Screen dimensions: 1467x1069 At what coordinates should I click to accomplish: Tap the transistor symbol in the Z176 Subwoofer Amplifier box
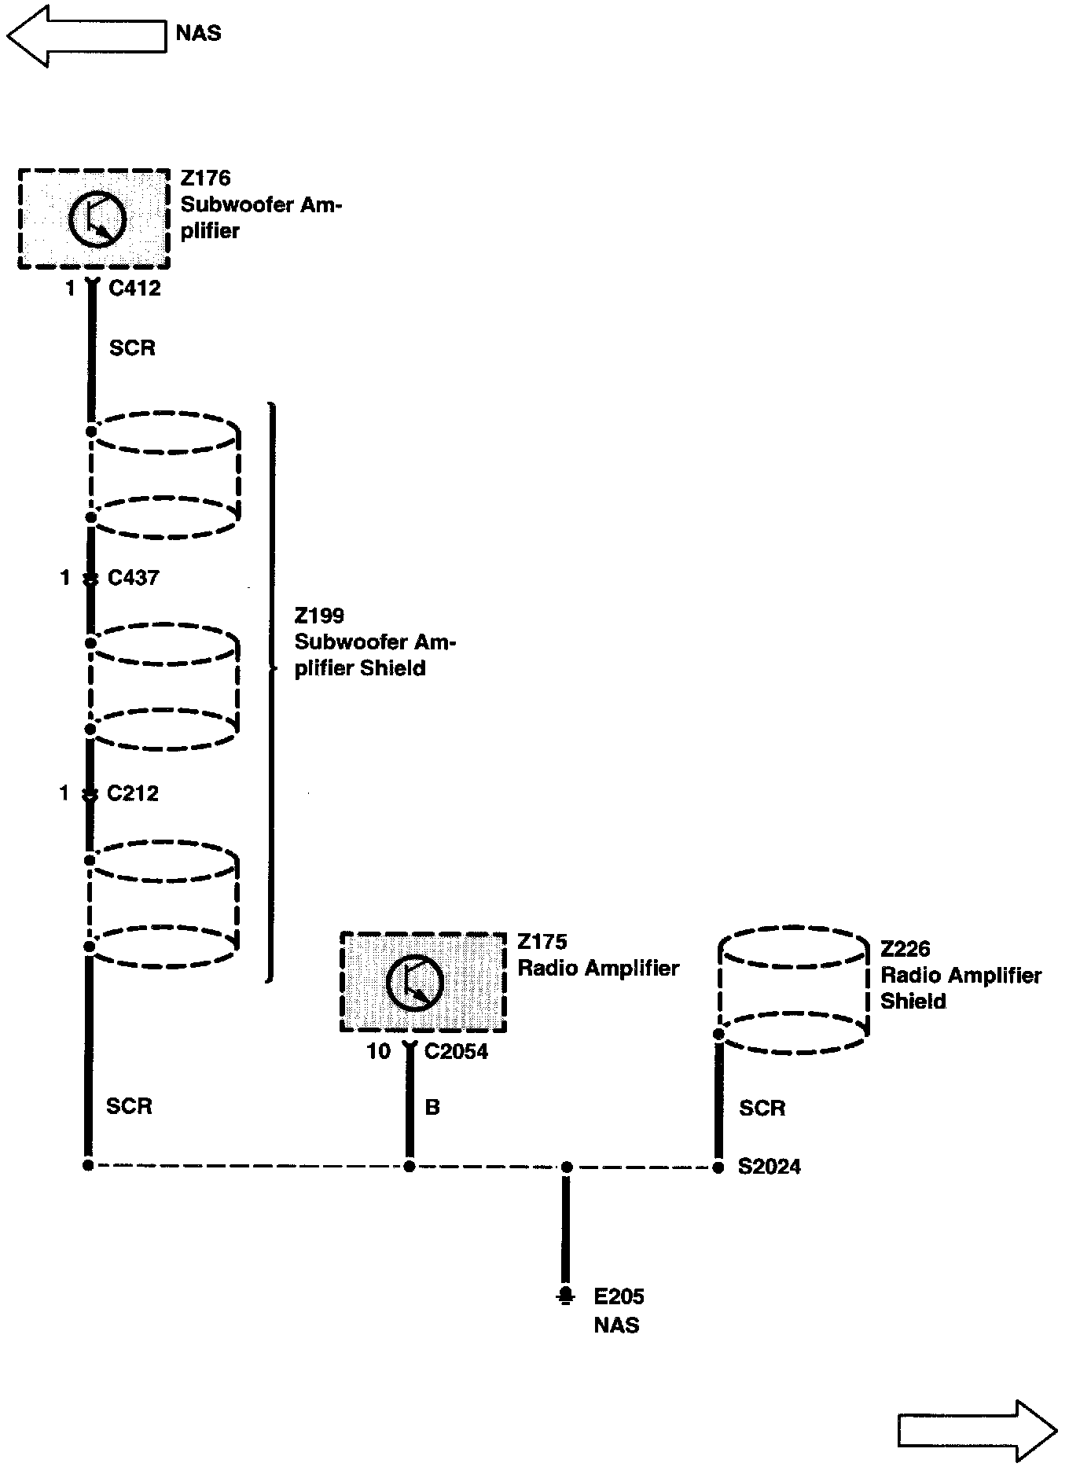(x=97, y=219)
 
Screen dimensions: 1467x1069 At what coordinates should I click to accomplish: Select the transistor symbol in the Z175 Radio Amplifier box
(x=415, y=982)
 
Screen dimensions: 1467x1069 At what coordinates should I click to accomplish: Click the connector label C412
(x=134, y=289)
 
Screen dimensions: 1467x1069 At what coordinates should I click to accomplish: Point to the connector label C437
(x=133, y=578)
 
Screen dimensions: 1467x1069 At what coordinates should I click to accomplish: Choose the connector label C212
(x=133, y=793)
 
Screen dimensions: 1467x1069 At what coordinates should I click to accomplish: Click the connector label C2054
(x=456, y=1052)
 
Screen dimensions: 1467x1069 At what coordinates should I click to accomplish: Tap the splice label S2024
(x=769, y=1167)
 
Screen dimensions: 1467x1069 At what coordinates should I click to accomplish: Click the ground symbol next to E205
(x=564, y=1296)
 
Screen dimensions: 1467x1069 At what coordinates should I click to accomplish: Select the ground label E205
(x=619, y=1296)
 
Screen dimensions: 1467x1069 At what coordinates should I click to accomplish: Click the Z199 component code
(x=319, y=616)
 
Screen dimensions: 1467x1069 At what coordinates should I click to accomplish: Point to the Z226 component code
(x=905, y=949)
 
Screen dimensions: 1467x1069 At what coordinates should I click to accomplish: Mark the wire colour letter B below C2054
(x=432, y=1108)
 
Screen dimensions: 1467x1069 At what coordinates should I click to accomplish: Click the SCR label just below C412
(x=132, y=348)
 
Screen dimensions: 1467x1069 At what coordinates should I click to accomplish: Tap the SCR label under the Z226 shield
(x=762, y=1109)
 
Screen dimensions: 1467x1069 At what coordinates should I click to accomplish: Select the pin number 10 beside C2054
(x=378, y=1052)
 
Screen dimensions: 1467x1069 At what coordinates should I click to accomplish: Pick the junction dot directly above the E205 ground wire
(x=566, y=1167)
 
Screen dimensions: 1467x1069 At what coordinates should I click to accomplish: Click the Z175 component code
(x=542, y=942)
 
